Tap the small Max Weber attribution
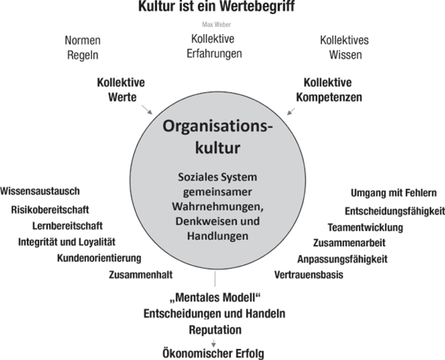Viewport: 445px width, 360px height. (x=217, y=24)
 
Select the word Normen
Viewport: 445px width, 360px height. (x=82, y=40)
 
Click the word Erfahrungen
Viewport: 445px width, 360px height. (x=214, y=53)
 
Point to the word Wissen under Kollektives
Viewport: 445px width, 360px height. (x=346, y=55)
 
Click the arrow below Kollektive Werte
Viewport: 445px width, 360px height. (x=147, y=109)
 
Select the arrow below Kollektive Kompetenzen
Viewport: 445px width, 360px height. (x=291, y=111)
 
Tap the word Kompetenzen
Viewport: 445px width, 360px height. (x=329, y=97)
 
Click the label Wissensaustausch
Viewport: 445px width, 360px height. (x=40, y=192)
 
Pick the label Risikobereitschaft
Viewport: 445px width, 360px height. (x=50, y=210)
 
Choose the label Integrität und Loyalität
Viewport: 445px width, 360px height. (x=67, y=242)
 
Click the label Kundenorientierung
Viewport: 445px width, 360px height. (x=99, y=258)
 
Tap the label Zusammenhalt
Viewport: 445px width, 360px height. (x=141, y=275)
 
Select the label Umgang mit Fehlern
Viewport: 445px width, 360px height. (x=394, y=193)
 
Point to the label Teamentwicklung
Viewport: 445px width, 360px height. (x=365, y=227)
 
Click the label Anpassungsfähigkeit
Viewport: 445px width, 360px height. (x=342, y=259)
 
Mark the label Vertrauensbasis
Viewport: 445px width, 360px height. (x=309, y=275)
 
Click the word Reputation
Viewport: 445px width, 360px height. (x=215, y=330)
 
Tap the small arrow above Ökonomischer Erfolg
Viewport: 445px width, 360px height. (x=214, y=343)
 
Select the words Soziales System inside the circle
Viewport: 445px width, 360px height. (x=217, y=177)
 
